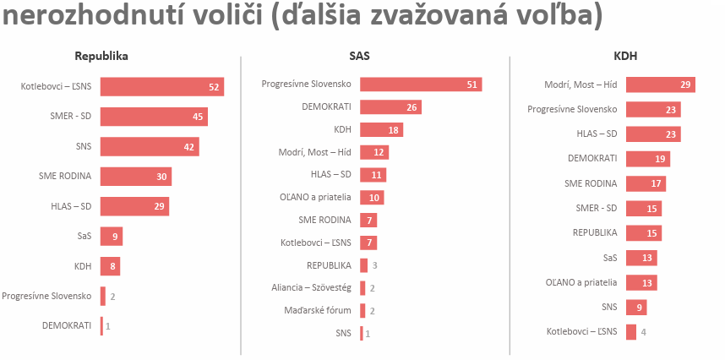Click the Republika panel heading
click(x=101, y=57)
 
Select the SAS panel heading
click(x=359, y=57)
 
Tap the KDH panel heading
click(x=625, y=57)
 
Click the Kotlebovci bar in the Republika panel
click(x=161, y=86)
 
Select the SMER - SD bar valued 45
click(x=153, y=117)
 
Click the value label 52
click(x=215, y=87)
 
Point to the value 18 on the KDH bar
click(x=394, y=130)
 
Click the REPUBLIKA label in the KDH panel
click(x=595, y=232)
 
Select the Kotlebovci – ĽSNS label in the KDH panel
click(x=582, y=331)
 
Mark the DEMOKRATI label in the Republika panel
click(x=67, y=325)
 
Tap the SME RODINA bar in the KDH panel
click(x=646, y=183)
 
